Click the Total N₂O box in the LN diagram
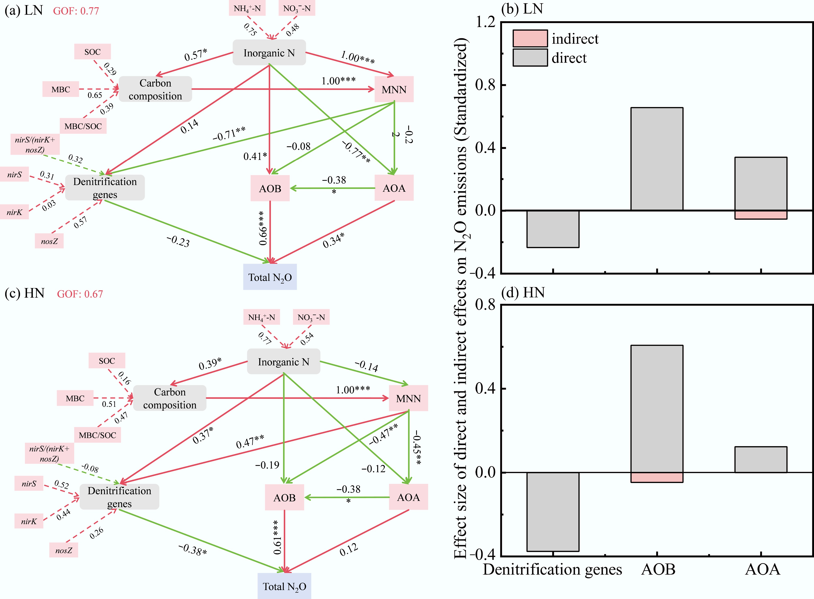click(270, 277)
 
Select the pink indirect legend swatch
click(530, 38)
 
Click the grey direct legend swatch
click(530, 57)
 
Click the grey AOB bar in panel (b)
click(657, 159)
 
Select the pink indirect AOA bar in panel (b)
click(761, 215)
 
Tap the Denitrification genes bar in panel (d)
click(553, 512)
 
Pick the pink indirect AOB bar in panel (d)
click(657, 477)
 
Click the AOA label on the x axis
click(762, 570)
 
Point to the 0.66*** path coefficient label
click(263, 228)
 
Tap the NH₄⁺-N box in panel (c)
click(261, 317)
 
